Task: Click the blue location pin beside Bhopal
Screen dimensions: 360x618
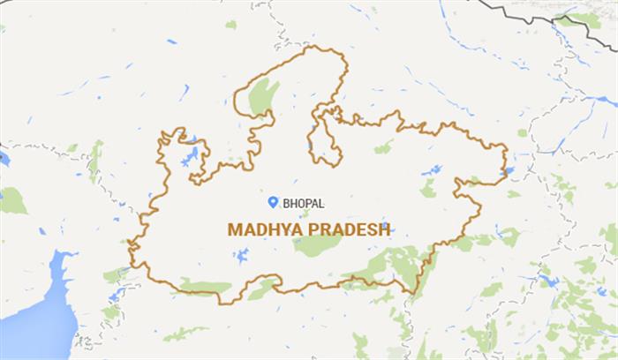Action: (x=274, y=202)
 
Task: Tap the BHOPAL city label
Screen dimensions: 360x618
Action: (x=303, y=203)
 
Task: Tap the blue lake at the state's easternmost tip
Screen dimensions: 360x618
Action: (x=507, y=169)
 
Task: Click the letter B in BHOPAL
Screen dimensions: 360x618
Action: (x=287, y=203)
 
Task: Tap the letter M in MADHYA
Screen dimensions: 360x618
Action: (x=235, y=229)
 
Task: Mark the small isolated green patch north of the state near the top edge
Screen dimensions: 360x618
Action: (x=231, y=25)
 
